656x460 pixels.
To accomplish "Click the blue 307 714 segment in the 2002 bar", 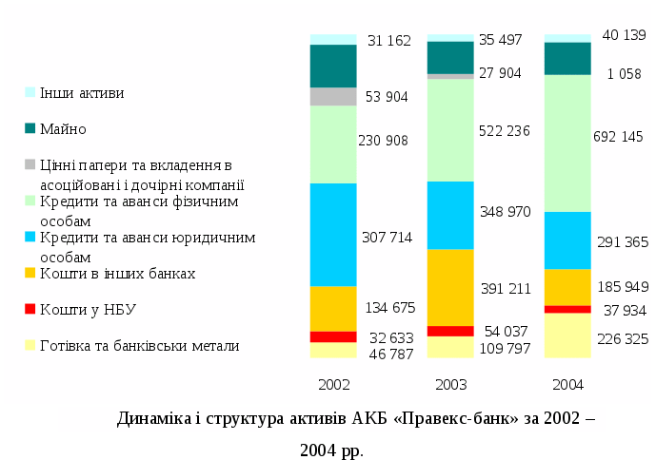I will [333, 235].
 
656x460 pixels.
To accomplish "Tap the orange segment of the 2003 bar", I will [450, 287].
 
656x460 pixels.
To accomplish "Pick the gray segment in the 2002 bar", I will [333, 96].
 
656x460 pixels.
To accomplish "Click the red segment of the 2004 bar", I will [567, 309].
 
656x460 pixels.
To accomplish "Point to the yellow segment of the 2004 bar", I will [567, 335].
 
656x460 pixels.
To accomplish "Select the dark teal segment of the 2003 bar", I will [450, 57].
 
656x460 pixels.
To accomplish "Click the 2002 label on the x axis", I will [333, 385].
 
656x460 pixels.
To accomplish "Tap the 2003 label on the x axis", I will [450, 385].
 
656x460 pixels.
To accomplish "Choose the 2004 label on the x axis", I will [567, 385].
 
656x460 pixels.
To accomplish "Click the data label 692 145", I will [618, 137].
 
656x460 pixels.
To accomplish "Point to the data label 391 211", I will [505, 288].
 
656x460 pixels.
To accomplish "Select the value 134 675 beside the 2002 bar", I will [389, 307].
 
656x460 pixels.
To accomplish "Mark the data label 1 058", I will [624, 73].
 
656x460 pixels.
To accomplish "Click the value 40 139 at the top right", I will [624, 35].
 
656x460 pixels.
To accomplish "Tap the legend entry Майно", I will [63, 128].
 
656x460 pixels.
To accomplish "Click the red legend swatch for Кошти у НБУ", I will [30, 309].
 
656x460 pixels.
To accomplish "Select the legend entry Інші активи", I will [81, 93].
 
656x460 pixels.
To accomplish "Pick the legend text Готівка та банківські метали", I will [139, 346].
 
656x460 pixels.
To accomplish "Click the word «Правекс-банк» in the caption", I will [447, 418].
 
